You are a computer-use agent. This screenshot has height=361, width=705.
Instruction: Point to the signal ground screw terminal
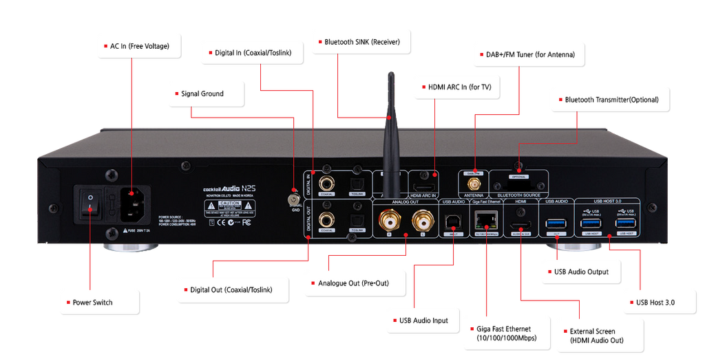coord(294,199)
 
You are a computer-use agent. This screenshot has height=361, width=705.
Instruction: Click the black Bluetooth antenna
coord(391,131)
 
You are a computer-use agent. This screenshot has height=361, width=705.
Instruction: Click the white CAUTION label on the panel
coord(229,205)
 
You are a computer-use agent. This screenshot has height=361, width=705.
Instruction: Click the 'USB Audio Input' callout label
coord(424,320)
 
